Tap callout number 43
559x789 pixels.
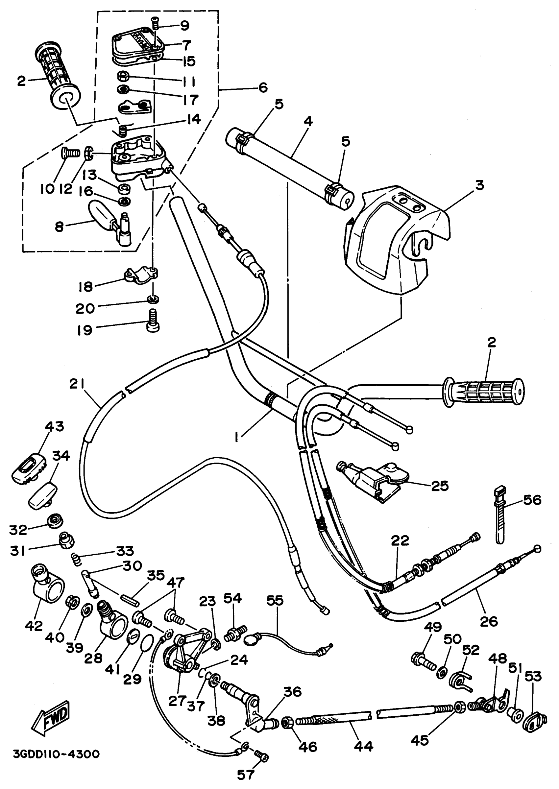55,426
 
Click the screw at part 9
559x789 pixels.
155,23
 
